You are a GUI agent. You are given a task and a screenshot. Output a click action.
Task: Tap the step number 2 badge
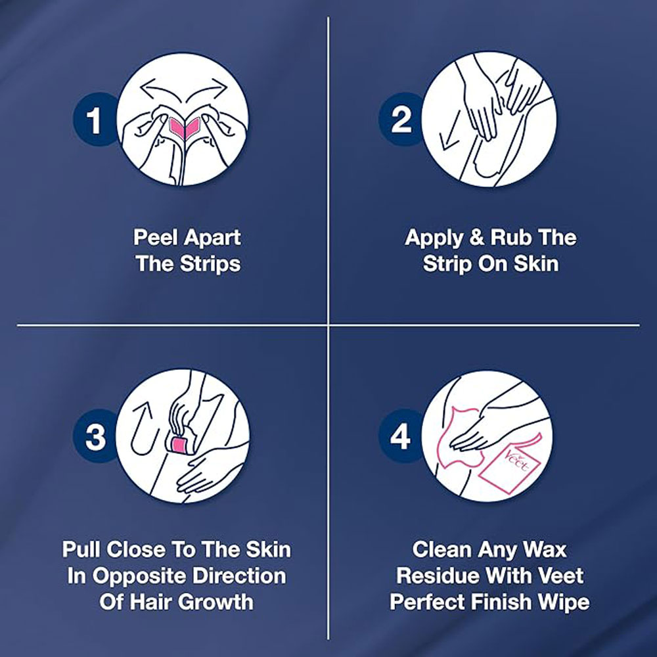[x=401, y=120]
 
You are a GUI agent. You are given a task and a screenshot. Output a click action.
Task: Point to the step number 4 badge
[x=400, y=436]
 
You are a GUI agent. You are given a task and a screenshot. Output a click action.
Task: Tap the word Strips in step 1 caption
[x=211, y=264]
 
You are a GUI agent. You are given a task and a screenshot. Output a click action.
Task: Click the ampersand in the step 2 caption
[x=476, y=237]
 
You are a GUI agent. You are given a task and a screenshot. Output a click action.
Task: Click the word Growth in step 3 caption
[x=217, y=602]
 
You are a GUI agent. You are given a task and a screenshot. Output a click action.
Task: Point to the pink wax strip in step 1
[x=185, y=127]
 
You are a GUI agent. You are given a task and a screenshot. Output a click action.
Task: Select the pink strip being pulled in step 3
[x=179, y=445]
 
